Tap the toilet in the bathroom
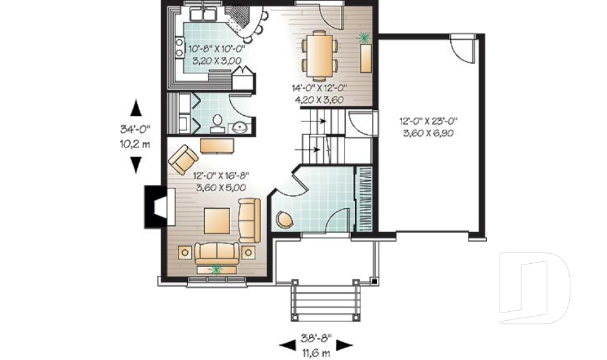[x=218, y=122]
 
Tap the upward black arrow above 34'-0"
[x=135, y=107]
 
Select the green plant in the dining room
[x=365, y=38]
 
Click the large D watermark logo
[x=534, y=285]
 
